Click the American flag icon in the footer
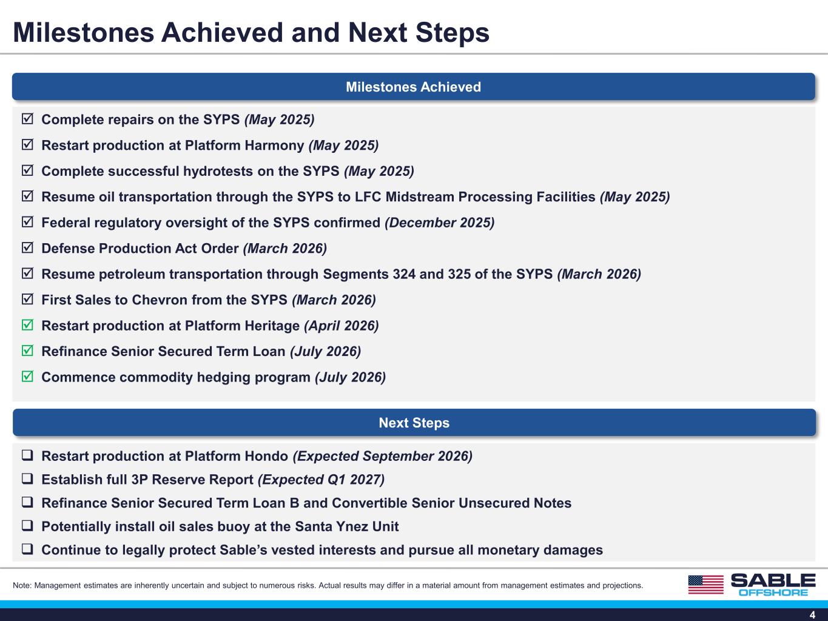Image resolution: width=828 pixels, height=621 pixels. click(706, 585)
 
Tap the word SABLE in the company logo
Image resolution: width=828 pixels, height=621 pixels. click(773, 580)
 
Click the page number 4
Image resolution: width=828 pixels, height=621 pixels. click(812, 615)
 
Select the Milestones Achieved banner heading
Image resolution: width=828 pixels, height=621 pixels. click(414, 87)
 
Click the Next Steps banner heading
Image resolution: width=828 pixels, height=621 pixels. click(414, 423)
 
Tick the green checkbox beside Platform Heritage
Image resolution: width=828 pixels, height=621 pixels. click(27, 325)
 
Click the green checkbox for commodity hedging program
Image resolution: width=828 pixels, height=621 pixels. click(27, 376)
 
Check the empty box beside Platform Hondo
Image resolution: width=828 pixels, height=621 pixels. click(27, 455)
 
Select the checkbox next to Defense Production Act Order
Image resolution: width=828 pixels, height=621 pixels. click(27, 247)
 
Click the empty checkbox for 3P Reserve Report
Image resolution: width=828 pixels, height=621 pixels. click(27, 479)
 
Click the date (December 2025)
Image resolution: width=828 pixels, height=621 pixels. click(440, 223)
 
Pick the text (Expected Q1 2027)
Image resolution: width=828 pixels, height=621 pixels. click(321, 480)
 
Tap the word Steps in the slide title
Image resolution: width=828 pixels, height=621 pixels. click(453, 33)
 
